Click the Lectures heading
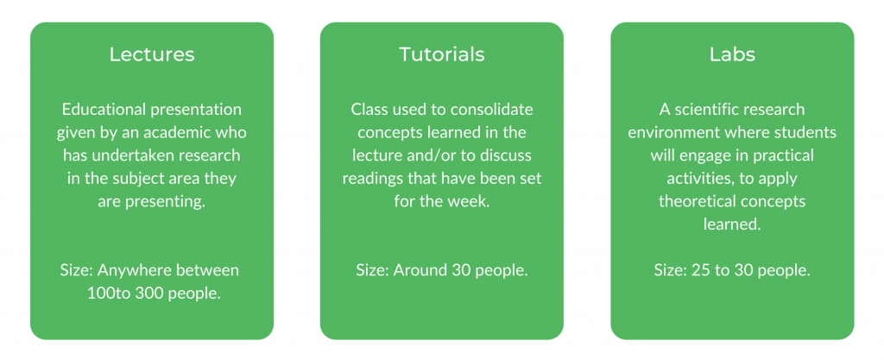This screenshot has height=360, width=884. tap(152, 54)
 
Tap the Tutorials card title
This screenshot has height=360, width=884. tap(441, 54)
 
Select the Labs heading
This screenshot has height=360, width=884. tap(732, 54)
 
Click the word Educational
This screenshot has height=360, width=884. tap(104, 109)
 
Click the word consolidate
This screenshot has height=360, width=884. tap(493, 109)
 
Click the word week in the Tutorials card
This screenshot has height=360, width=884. tap(472, 201)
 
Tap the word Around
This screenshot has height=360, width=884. tap(420, 270)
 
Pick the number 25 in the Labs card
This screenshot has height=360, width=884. tap(699, 270)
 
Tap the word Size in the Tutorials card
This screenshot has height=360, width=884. tap(372, 270)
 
